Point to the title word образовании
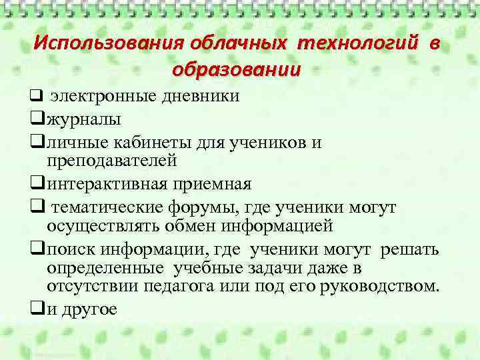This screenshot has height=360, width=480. click(237, 69)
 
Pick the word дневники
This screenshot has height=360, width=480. click(200, 97)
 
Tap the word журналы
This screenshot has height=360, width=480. click(84, 121)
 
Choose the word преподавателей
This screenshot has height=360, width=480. click(112, 161)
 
